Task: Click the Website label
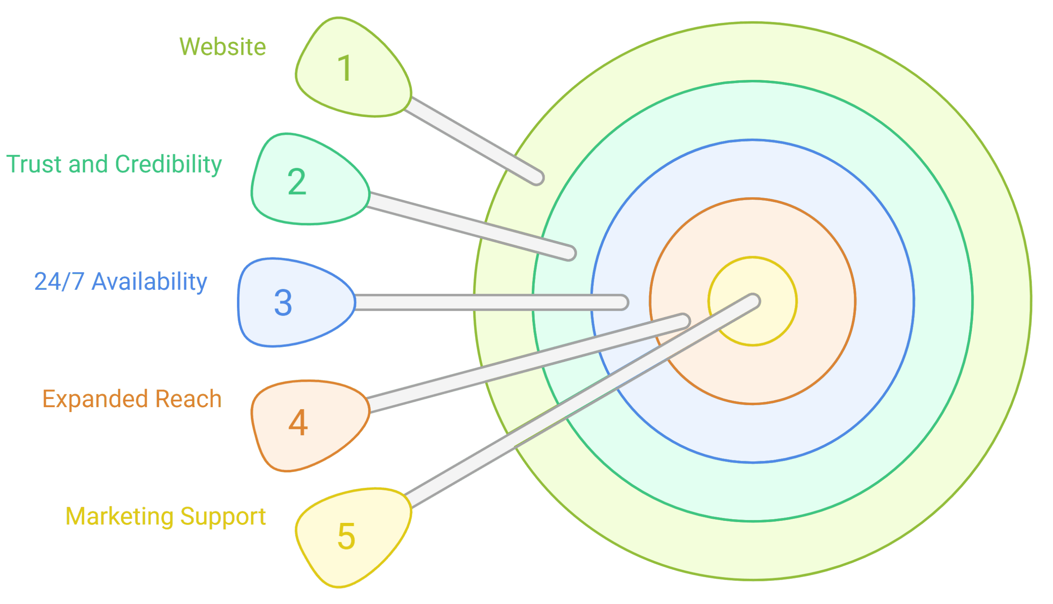[x=223, y=47]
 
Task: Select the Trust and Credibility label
[x=114, y=164]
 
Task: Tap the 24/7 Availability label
[x=121, y=282]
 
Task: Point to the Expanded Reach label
[x=132, y=399]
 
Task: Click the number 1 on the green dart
[x=345, y=68]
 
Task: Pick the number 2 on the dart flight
[x=297, y=182]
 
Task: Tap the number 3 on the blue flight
[x=283, y=303]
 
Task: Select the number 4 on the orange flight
[x=298, y=423]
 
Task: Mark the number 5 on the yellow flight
[x=346, y=536]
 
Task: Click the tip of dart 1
[x=537, y=177]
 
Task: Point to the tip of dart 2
[x=570, y=253]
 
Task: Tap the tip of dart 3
[x=622, y=303]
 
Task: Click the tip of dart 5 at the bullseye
[x=754, y=301]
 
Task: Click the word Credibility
[x=168, y=164]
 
